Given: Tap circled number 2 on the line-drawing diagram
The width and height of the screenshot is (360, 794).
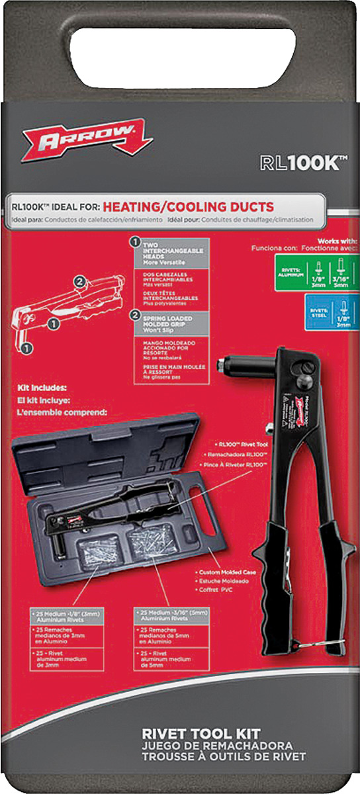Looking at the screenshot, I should click(79, 281).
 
